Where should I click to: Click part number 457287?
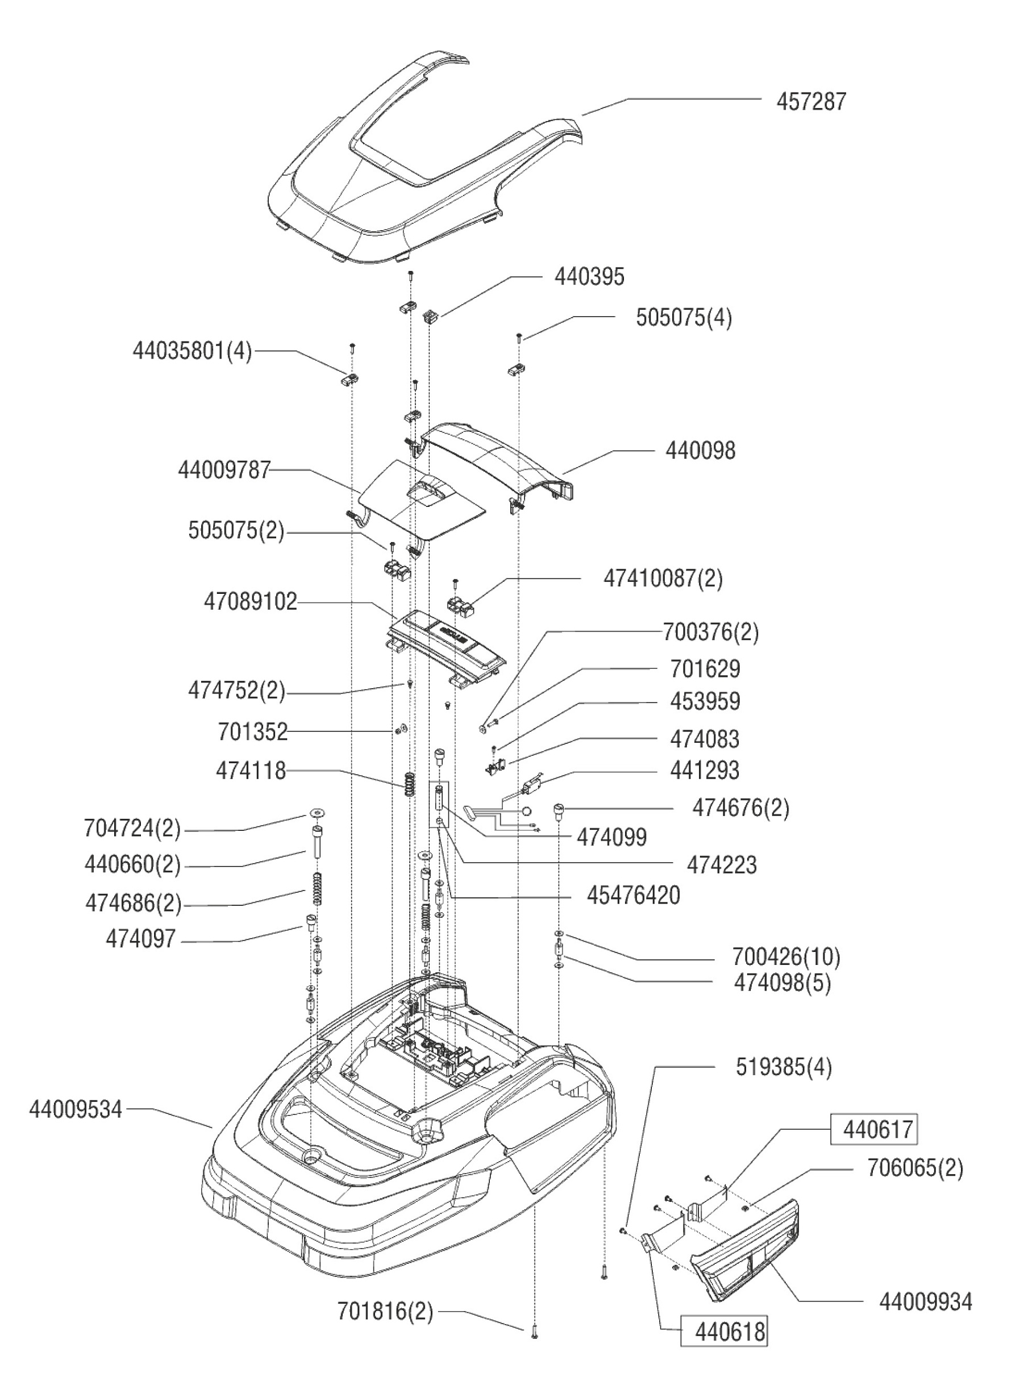(x=811, y=101)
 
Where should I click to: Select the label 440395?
(x=589, y=277)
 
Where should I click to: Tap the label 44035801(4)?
(x=192, y=352)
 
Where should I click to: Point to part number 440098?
(x=700, y=451)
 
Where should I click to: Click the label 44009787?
(x=224, y=470)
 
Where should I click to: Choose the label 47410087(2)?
(x=663, y=579)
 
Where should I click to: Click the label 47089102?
(x=250, y=602)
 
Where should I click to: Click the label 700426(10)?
(x=786, y=956)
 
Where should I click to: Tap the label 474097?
(x=140, y=939)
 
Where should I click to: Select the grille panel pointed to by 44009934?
(x=747, y=1251)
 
